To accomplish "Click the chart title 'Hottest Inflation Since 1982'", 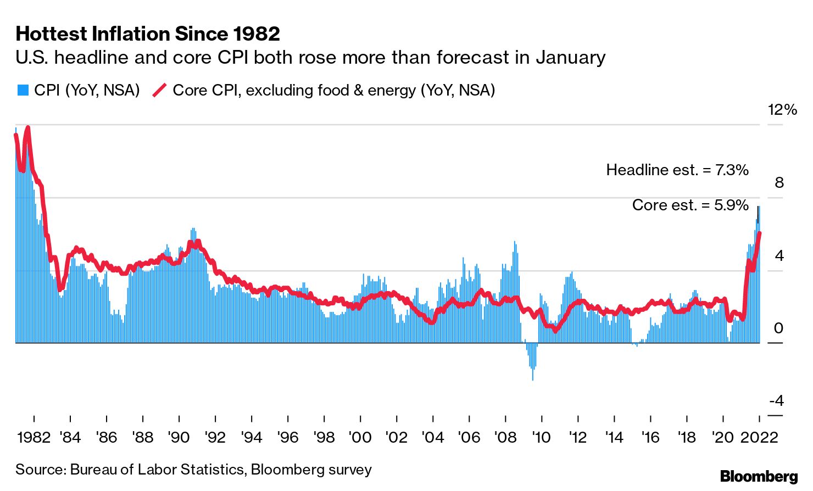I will coord(148,34).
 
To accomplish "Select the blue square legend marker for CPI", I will coord(23,90).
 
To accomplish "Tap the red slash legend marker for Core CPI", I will coord(159,90).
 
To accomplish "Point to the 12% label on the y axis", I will coord(782,110).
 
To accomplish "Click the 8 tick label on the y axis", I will coord(779,183).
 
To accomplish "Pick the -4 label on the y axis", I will coord(776,401).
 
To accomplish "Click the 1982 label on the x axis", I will coord(34,438).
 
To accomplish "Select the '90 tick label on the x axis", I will coord(179,438).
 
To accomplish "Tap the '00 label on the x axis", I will coord(360,438).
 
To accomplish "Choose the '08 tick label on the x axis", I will coord(505,438).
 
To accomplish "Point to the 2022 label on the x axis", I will coord(759,438).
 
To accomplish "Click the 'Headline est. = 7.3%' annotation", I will coord(677,170).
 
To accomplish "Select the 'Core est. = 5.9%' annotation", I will coord(691,205).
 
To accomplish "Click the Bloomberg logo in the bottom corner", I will coord(759,476).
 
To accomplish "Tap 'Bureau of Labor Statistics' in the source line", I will coord(157,470).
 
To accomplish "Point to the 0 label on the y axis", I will coord(778,328).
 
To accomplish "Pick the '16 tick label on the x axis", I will coord(650,438).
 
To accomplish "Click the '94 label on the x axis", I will coord(252,438).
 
